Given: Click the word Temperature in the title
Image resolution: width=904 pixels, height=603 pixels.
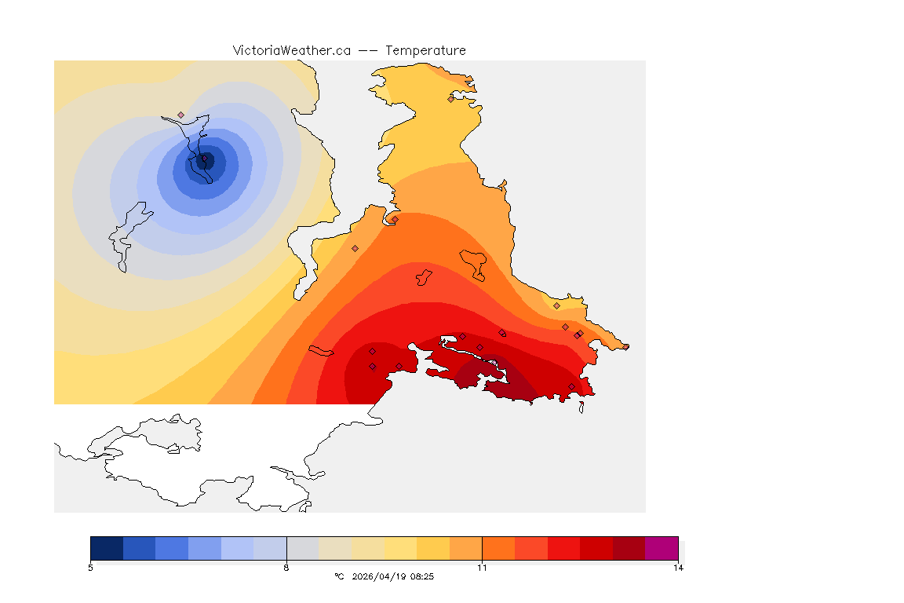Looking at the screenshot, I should point(425,50).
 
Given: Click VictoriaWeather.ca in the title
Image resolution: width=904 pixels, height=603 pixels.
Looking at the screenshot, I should point(291,50).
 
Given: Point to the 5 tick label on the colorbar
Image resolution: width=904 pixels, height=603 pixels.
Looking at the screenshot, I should point(91,567).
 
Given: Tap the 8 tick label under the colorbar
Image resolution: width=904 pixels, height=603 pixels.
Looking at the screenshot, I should point(286,567).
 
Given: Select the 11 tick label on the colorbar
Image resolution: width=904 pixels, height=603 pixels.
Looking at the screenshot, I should point(482,567).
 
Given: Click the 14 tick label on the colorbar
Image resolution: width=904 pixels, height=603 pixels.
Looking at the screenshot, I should point(677,567).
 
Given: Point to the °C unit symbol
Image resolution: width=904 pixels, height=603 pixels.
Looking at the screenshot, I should point(339,576).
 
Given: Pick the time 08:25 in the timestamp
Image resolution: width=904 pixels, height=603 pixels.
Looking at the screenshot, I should point(422,576).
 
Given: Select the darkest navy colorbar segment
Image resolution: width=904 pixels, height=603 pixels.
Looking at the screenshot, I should point(107,547).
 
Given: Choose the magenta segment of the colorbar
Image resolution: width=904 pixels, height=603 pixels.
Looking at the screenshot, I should point(661,547).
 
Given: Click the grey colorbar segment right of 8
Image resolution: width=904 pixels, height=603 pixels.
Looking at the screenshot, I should point(302,547).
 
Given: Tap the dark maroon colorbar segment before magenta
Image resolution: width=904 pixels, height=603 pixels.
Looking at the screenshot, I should point(629,547).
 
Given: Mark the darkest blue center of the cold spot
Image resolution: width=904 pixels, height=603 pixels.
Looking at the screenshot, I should point(203,161).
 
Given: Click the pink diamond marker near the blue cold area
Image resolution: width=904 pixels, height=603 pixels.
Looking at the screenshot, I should point(180,115).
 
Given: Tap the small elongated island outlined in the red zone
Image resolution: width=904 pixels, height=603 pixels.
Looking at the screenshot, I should point(321,349).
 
